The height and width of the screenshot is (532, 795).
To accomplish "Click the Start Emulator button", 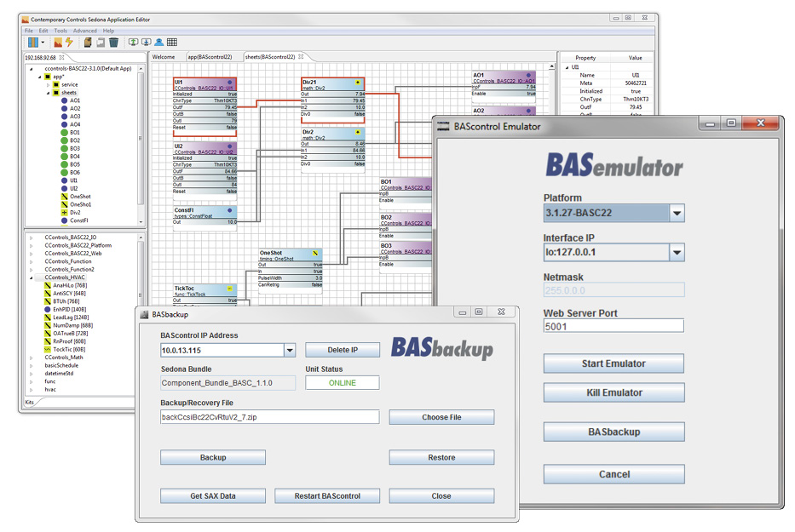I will [x=614, y=363].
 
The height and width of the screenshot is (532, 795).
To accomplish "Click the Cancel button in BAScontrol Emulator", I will [x=614, y=474].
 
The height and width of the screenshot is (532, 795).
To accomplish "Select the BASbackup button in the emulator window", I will [x=614, y=432].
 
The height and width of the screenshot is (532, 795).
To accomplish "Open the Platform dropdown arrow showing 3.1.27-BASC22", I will [x=676, y=213].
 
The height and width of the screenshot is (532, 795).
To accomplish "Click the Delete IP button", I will [x=343, y=350].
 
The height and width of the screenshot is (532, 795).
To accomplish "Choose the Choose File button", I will [x=441, y=417].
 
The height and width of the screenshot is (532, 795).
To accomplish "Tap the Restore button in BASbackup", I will [x=441, y=457].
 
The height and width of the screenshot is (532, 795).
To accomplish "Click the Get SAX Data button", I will [x=213, y=495].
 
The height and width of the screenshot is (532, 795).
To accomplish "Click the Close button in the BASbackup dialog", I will [x=441, y=495].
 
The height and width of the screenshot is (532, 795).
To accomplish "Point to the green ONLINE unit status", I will [x=343, y=382].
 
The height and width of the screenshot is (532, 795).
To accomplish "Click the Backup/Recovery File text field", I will [x=269, y=417].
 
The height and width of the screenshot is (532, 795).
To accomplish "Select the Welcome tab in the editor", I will [x=164, y=57].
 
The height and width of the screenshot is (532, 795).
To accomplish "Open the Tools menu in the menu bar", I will [x=60, y=31].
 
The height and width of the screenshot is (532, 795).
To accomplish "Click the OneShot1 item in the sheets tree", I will [x=80, y=204].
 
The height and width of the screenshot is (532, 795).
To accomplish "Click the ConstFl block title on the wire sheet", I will [x=185, y=210].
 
